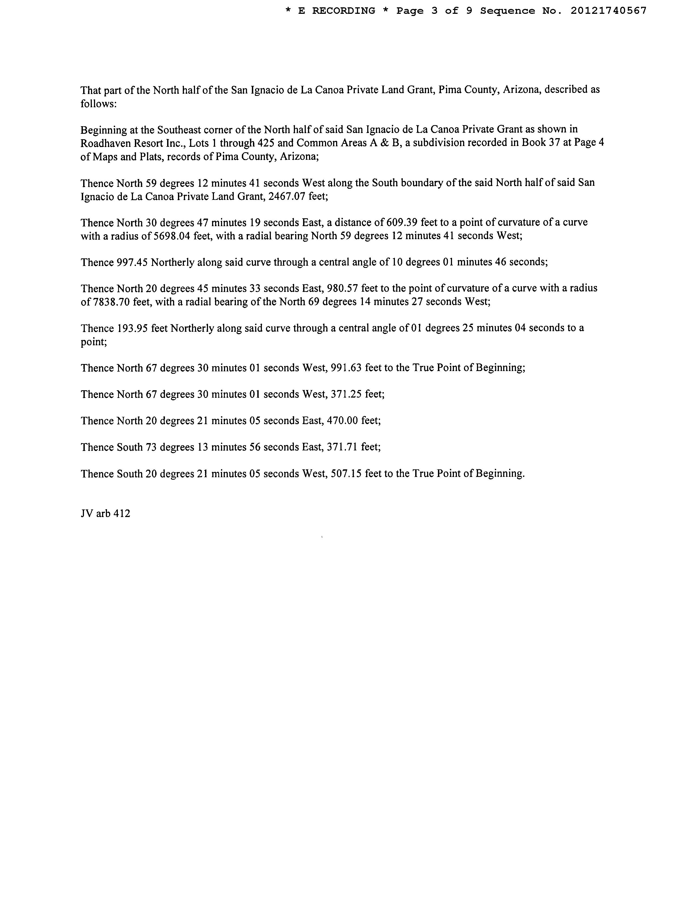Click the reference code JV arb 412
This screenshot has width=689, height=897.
105,513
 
